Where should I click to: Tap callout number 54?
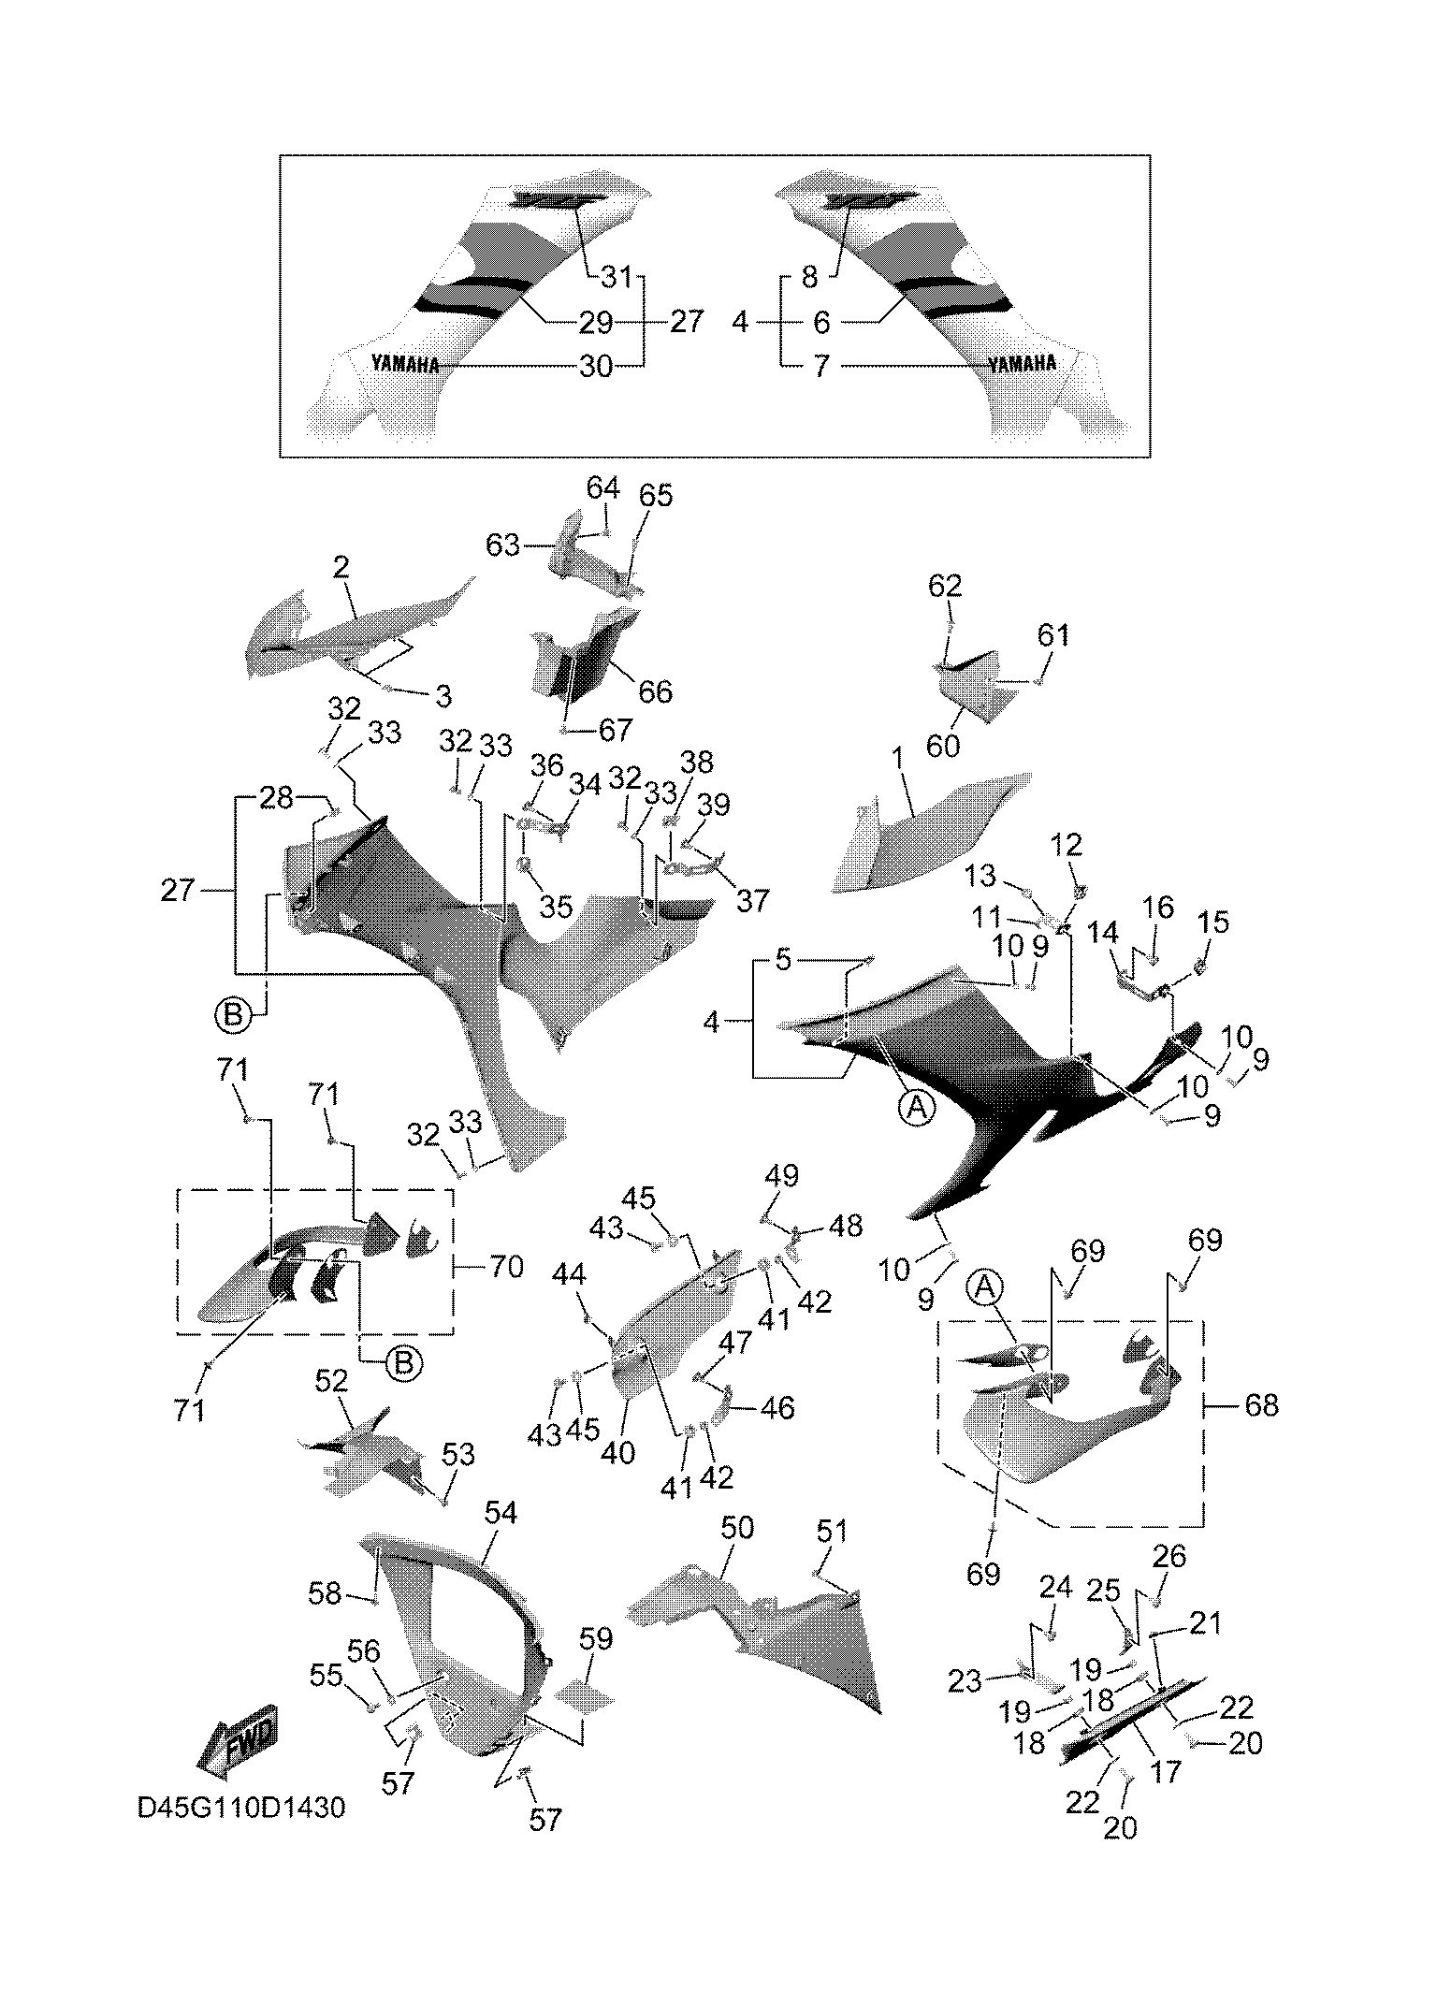pos(501,1513)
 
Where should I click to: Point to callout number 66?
pos(655,691)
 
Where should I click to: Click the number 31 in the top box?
pos(617,277)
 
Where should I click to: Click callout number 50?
pos(737,1528)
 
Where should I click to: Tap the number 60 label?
pos(943,746)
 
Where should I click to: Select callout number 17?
pos(1167,1771)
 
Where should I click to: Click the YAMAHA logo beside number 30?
pos(405,364)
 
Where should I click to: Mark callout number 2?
pos(341,566)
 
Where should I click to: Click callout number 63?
pos(502,545)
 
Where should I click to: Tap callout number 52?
pos(332,1380)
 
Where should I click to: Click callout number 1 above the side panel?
pos(899,759)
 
